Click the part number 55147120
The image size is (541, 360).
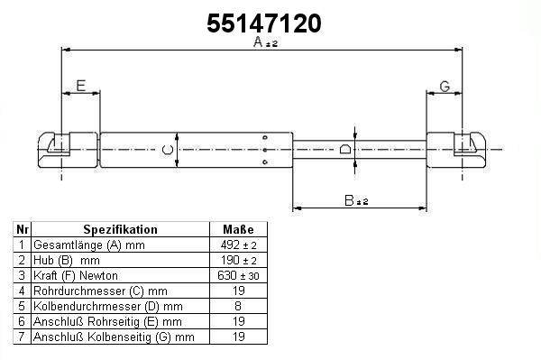click(x=264, y=23)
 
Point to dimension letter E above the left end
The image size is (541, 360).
click(x=81, y=86)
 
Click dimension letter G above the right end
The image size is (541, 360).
click(x=445, y=87)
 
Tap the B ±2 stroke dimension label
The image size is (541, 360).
click(x=356, y=200)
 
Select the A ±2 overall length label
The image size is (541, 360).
click(x=265, y=42)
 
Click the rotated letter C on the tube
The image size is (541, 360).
click(x=168, y=150)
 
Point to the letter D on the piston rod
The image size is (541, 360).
click(x=345, y=149)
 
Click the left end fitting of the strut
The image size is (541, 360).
click(x=68, y=150)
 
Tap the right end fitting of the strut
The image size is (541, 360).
click(x=457, y=150)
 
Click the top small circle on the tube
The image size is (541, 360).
click(x=265, y=137)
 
